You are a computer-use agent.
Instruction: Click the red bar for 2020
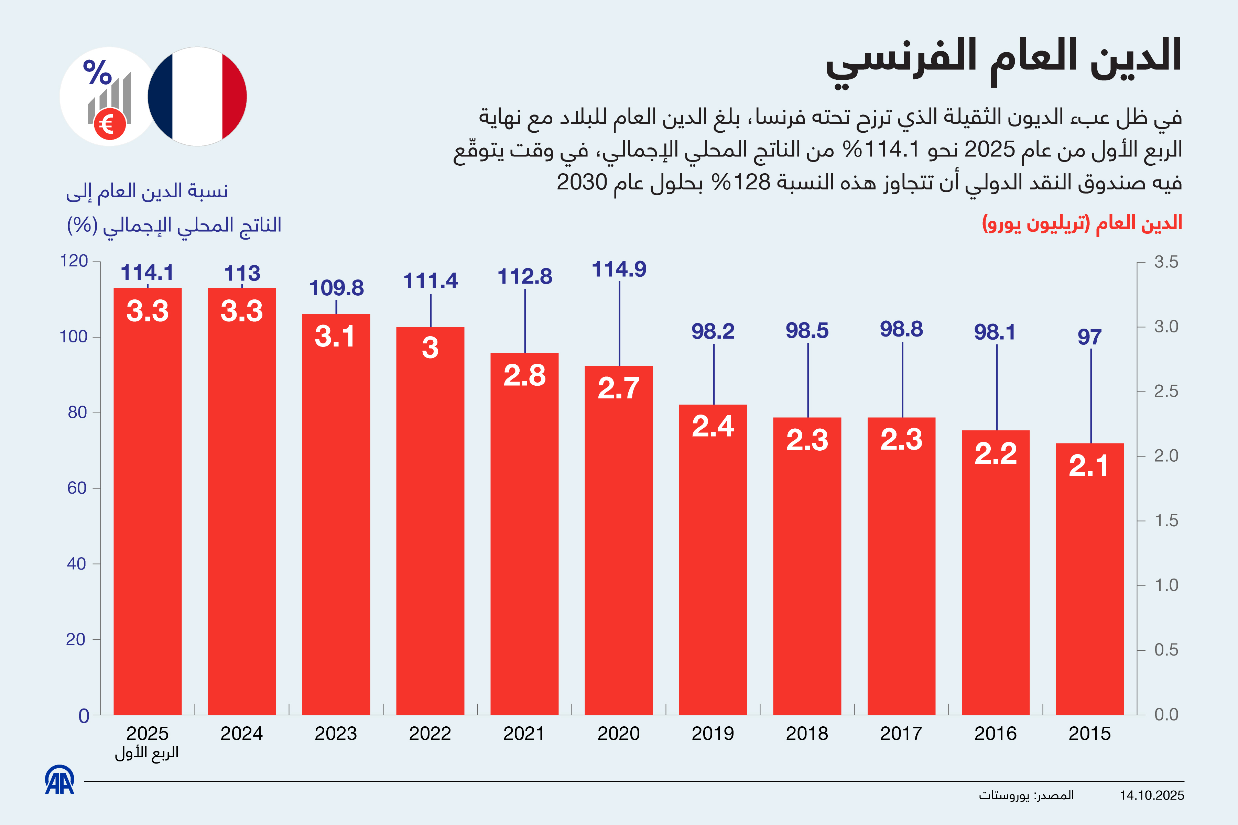point(618,542)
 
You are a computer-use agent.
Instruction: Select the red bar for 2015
point(1089,579)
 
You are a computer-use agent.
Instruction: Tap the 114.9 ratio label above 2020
point(619,269)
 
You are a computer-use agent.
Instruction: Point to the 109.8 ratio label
point(336,288)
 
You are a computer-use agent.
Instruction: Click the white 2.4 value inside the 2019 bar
point(713,426)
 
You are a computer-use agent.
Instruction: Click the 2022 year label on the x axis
point(430,734)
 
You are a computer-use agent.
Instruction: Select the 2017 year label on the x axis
point(901,734)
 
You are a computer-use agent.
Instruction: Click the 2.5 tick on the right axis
point(1166,392)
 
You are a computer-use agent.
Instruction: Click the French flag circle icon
point(197,96)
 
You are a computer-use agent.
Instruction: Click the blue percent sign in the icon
point(97,72)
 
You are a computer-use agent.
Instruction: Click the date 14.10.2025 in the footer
point(1152,795)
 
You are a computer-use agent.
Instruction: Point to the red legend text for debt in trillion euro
point(1082,223)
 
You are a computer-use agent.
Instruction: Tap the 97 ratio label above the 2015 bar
point(1089,337)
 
